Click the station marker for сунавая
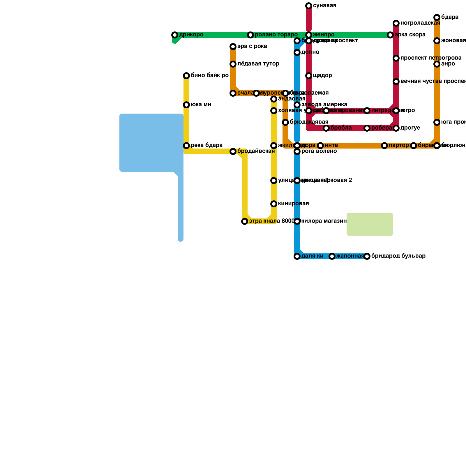[x=309, y=6]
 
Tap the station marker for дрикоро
[x=175, y=35]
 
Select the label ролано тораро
[x=276, y=35]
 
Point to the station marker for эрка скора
[x=390, y=35]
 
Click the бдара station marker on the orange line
[x=437, y=17]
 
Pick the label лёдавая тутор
[x=258, y=64]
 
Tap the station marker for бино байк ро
[x=186, y=76]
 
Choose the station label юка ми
[x=201, y=105]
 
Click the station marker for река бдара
[x=186, y=146]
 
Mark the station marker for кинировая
[x=274, y=204]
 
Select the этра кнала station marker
[x=245, y=221]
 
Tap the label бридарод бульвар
[x=398, y=256]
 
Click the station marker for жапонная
[x=332, y=256]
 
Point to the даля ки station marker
[x=297, y=256]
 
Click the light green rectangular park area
[x=370, y=224]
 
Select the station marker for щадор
[x=309, y=76]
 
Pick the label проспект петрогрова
[x=431, y=58]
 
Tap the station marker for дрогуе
[x=396, y=128]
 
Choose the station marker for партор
[x=384, y=146]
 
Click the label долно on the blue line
[x=310, y=52]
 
